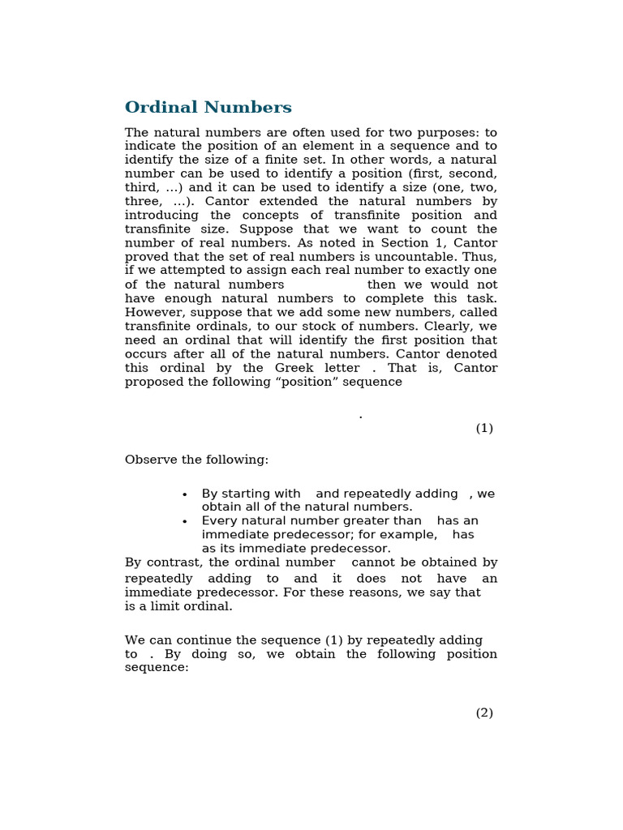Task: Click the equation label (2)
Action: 484,712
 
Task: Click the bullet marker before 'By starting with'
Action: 185,494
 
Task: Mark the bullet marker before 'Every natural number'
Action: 185,522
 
